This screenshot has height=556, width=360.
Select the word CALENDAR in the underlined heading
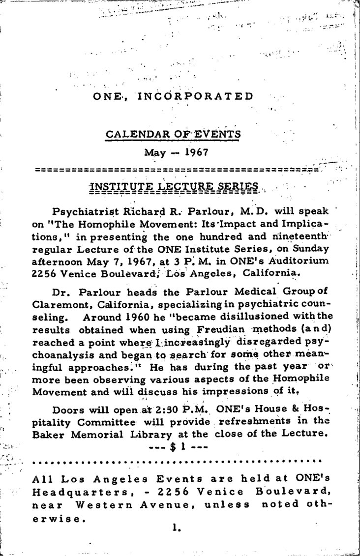pyautogui.click(x=130, y=134)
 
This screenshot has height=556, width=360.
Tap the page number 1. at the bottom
pyautogui.click(x=178, y=528)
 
